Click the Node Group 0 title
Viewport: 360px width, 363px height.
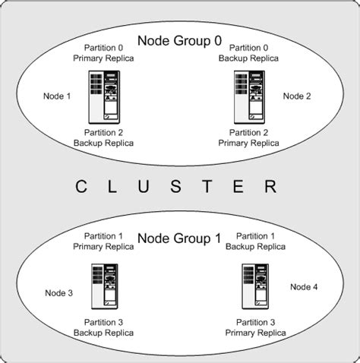point(179,40)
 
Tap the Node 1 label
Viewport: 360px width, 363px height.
point(58,96)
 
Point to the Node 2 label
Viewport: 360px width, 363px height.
point(297,96)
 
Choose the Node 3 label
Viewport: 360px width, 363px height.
point(58,293)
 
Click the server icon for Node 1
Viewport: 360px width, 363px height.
point(104,96)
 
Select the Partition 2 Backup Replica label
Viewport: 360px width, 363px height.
point(98,137)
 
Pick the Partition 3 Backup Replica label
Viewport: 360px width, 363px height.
point(98,327)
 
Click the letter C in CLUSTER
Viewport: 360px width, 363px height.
point(80,187)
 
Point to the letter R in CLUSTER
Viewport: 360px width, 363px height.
point(282,187)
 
